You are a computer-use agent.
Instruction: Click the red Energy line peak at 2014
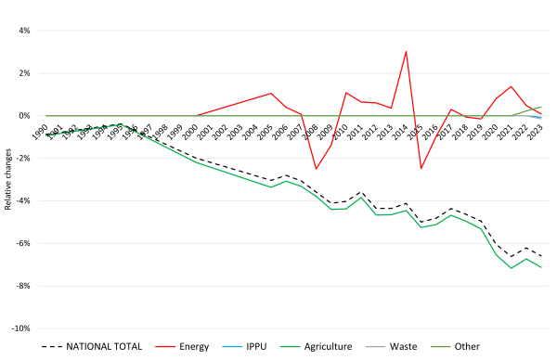(x=406, y=51)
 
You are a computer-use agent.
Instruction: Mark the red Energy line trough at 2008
(x=316, y=169)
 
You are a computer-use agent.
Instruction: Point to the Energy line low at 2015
(x=421, y=168)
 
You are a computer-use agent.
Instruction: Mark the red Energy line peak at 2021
(x=511, y=86)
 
